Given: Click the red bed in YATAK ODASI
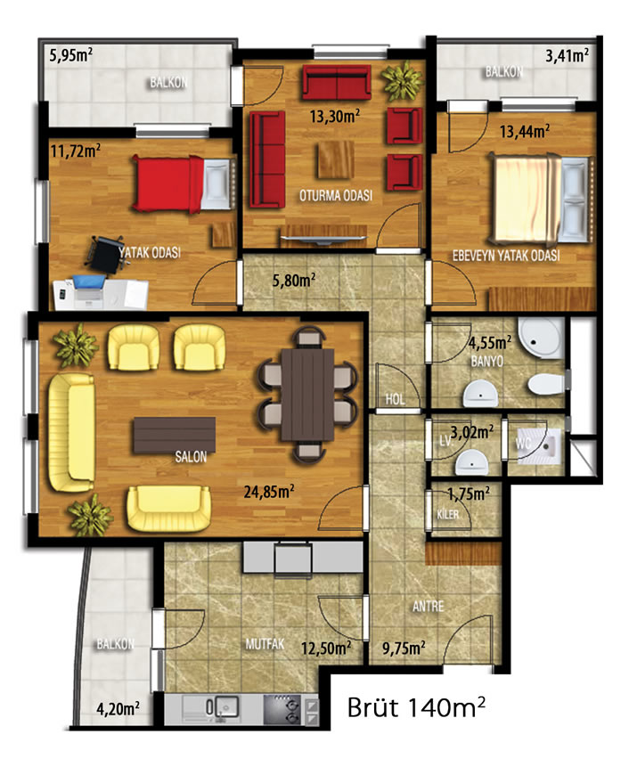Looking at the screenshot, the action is pyautogui.click(x=182, y=184).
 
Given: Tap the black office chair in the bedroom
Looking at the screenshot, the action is pyautogui.click(x=106, y=254).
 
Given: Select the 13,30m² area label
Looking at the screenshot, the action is pyautogui.click(x=335, y=116).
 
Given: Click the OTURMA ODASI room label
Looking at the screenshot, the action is pyautogui.click(x=336, y=196).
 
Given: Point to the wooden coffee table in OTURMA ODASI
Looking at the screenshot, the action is pyautogui.click(x=336, y=159).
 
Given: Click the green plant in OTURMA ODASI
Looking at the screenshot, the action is pyautogui.click(x=403, y=80).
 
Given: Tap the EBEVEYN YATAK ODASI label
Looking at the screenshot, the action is pyautogui.click(x=506, y=256).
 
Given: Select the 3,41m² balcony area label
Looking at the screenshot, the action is pyautogui.click(x=568, y=55).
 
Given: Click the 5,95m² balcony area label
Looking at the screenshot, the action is pyautogui.click(x=71, y=55).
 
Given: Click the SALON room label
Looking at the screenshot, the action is pyautogui.click(x=191, y=457).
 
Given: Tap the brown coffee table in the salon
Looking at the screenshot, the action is pyautogui.click(x=174, y=435).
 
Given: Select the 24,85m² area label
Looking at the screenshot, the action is pyautogui.click(x=269, y=492).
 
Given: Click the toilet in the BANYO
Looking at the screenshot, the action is pyautogui.click(x=546, y=385).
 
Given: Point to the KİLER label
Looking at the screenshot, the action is pyautogui.click(x=448, y=515).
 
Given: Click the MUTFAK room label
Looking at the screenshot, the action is pyautogui.click(x=265, y=643).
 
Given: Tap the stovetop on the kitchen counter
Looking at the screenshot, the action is pyautogui.click(x=282, y=709).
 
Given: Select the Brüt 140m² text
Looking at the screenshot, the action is pyautogui.click(x=416, y=706).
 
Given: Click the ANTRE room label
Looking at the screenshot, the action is pyautogui.click(x=429, y=607).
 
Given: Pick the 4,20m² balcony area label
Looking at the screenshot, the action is pyautogui.click(x=118, y=709).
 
